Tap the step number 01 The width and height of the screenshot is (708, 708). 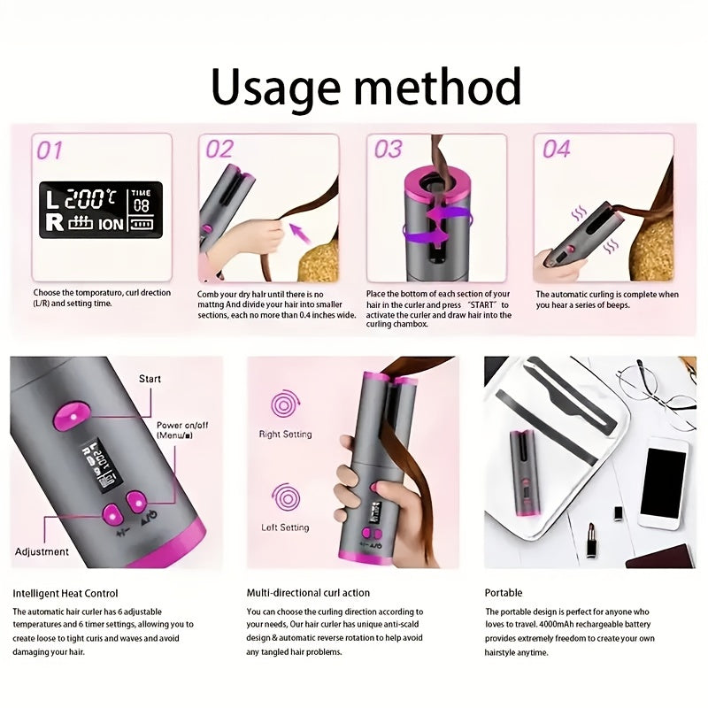[49, 150]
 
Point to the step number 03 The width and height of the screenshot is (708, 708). [388, 149]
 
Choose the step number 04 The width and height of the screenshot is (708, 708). [556, 149]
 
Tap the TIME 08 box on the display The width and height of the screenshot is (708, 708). [142, 200]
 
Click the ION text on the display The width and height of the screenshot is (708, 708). [112, 224]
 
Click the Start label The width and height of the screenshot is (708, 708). [150, 379]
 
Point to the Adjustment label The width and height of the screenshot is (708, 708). [42, 551]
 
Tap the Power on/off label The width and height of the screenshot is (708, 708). [181, 431]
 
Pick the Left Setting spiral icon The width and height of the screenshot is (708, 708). [285, 496]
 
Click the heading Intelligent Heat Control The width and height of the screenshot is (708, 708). [65, 593]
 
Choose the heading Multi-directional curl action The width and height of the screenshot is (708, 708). [309, 593]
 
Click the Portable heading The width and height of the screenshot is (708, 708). [504, 593]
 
